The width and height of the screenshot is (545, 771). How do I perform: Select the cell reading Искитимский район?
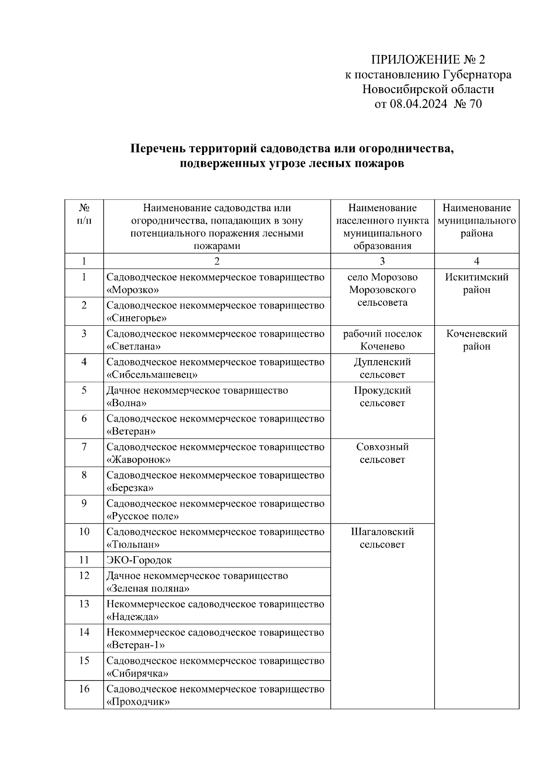pyautogui.click(x=476, y=284)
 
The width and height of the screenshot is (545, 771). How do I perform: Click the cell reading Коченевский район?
pyautogui.click(x=476, y=340)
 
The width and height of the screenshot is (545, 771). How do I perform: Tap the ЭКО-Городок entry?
pyautogui.click(x=139, y=560)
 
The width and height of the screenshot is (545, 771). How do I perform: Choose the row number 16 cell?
pyautogui.click(x=84, y=689)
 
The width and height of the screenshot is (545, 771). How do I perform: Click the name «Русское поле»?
pyautogui.click(x=143, y=516)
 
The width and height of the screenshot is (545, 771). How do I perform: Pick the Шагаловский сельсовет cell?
pyautogui.click(x=382, y=538)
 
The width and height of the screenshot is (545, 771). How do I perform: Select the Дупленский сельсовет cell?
pyautogui.click(x=382, y=368)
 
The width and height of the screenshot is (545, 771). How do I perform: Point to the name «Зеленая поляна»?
pyautogui.click(x=148, y=588)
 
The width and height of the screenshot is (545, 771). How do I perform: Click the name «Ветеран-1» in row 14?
pyautogui.click(x=136, y=645)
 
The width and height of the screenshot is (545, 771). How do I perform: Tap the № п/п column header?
pyautogui.click(x=84, y=214)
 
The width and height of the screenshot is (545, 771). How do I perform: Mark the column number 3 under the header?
pyautogui.click(x=382, y=261)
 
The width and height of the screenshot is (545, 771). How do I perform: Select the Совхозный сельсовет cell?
pyautogui.click(x=382, y=453)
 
